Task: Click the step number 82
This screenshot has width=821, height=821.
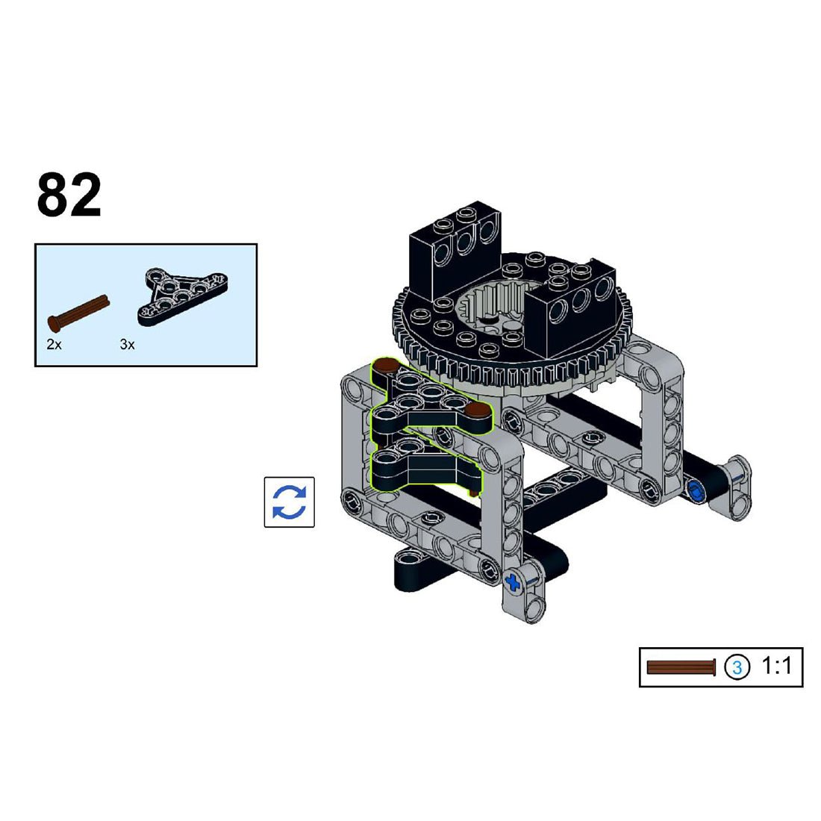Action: (69, 194)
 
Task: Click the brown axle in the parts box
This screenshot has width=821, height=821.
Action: (78, 313)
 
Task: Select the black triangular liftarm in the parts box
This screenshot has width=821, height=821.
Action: (183, 296)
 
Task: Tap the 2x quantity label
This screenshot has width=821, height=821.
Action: (54, 345)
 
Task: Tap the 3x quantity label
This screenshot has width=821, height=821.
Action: (127, 345)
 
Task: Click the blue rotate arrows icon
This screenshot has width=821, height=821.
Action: (289, 502)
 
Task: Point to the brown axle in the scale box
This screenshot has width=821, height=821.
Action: (681, 667)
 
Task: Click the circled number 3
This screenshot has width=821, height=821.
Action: (737, 667)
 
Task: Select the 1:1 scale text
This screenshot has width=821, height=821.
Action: (775, 666)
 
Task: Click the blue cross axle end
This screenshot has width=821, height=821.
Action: (513, 581)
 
